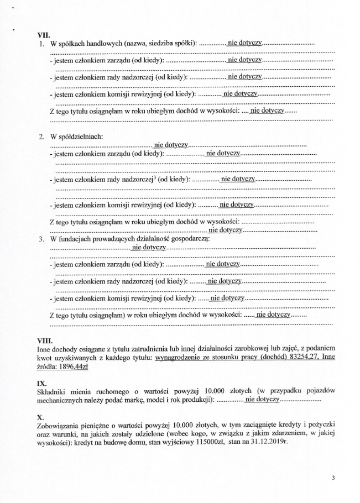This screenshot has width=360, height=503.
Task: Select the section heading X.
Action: tap(39, 416)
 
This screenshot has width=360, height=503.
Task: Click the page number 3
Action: tap(333, 480)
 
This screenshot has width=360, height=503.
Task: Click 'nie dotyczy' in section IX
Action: tap(263, 400)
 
